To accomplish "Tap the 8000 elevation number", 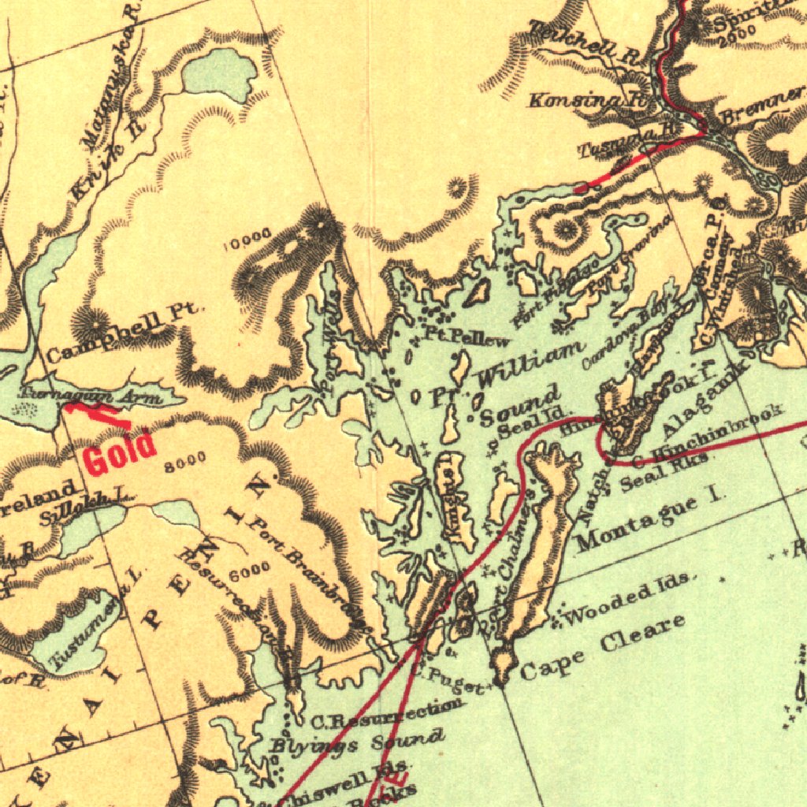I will click(x=185, y=458).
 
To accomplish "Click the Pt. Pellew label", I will click(x=467, y=337).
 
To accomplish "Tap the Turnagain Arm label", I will click(x=93, y=394).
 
